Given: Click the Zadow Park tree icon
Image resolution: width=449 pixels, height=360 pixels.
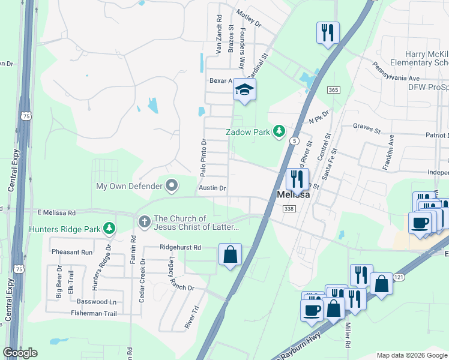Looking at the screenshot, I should tap(279, 131).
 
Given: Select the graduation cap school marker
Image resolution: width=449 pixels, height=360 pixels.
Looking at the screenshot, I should tap(244, 90).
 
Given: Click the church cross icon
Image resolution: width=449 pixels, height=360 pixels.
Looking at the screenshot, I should tap(144, 222).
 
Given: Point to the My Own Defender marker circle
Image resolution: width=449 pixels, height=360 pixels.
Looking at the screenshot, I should tap(172, 185).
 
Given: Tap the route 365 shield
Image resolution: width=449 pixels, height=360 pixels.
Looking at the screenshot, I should tap(334, 89).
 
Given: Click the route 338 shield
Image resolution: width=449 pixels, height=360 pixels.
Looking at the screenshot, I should tap(289, 208).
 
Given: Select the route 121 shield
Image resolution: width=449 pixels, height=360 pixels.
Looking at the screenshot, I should tap(399, 277).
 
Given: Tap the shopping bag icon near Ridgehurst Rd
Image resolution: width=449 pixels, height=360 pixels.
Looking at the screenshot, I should tap(231, 254).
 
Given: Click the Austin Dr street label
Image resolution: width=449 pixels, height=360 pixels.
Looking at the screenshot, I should tap(212, 188).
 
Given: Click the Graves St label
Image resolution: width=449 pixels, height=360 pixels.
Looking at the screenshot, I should tap(367, 128).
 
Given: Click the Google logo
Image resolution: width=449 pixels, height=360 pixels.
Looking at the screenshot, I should tap(20, 353).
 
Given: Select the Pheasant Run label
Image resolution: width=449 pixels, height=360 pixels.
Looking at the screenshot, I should tap(72, 252).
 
